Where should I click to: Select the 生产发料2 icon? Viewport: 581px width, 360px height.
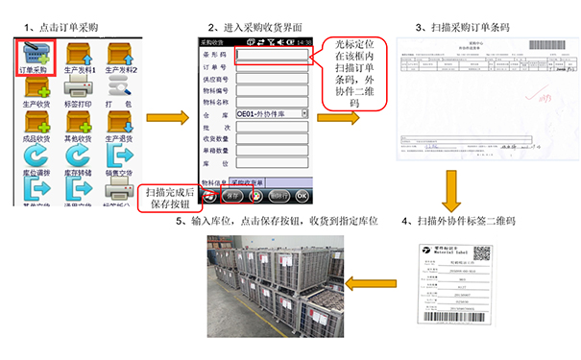(x=121, y=53)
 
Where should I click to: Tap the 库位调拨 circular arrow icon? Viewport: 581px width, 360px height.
(x=35, y=156)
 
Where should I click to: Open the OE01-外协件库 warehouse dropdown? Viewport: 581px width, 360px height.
(x=272, y=113)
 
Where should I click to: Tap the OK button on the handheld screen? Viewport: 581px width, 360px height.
(x=302, y=196)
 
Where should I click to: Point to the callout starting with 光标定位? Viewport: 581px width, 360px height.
(x=351, y=74)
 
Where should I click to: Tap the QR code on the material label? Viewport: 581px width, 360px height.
(x=481, y=254)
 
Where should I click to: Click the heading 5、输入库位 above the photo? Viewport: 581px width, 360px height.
(x=278, y=222)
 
